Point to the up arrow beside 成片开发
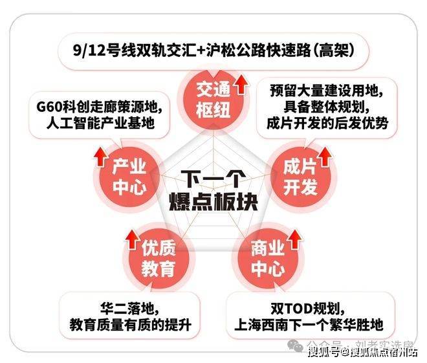click(323, 155)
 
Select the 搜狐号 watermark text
click(323, 352)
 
